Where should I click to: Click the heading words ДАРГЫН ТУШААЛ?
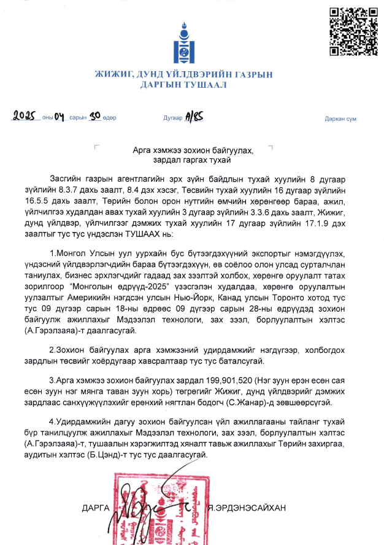pyautogui.click(x=183, y=85)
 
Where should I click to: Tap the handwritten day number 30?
pyautogui.click(x=94, y=115)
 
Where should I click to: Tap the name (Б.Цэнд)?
pyautogui.click(x=150, y=455)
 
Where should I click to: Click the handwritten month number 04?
pyautogui.click(x=60, y=115)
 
